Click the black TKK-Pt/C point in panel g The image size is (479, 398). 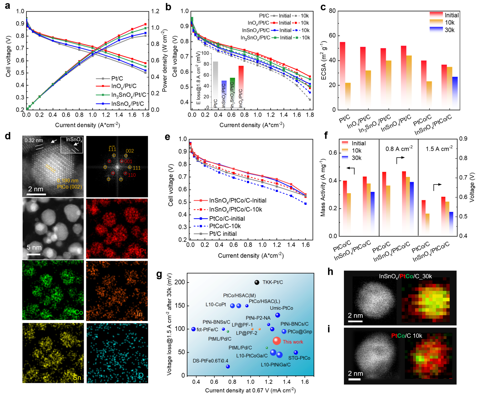pyautogui.click(x=257, y=282)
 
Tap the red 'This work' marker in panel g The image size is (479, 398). pyautogui.click(x=276, y=341)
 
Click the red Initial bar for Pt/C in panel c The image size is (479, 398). pyautogui.click(x=343, y=74)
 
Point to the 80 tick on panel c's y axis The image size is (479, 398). pyautogui.click(x=332, y=11)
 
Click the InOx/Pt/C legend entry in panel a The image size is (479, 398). pyautogui.click(x=124, y=86)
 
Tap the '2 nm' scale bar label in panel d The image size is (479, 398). pyautogui.click(x=36, y=189)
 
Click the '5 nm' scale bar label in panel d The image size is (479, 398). pyautogui.click(x=34, y=248)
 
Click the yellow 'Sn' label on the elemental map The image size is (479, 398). pyautogui.click(x=77, y=378)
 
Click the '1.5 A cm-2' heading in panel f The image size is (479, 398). pyautogui.click(x=439, y=149)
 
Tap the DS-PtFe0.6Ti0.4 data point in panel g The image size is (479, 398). pyautogui.click(x=228, y=367)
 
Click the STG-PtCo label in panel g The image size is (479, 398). pyautogui.click(x=299, y=358)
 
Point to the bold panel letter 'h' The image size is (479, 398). pyautogui.click(x=330, y=271)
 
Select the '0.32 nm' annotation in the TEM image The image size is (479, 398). pyautogui.click(x=34, y=140)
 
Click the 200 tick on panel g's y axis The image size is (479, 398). pyautogui.click(x=181, y=282)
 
